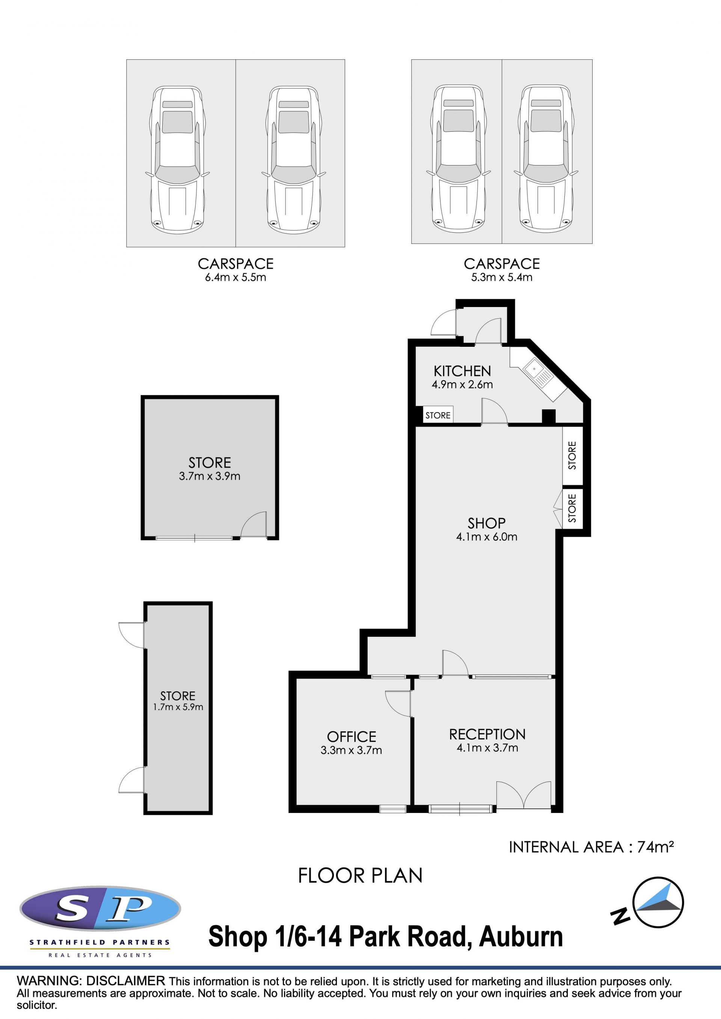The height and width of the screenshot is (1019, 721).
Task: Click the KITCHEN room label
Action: click(x=462, y=371)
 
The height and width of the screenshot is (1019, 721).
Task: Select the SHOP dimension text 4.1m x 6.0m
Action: click(x=487, y=537)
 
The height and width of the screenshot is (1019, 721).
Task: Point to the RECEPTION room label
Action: click(x=487, y=735)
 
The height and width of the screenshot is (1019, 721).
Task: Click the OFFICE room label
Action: click(x=351, y=737)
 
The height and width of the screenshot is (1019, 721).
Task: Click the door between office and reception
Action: click(x=398, y=703)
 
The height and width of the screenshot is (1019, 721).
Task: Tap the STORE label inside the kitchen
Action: click(x=438, y=415)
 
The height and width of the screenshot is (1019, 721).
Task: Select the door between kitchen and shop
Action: click(x=495, y=411)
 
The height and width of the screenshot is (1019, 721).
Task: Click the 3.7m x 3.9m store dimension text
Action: click(x=210, y=476)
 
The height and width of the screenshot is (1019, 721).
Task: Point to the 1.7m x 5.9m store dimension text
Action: click(x=178, y=707)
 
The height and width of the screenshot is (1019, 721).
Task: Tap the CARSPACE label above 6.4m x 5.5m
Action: click(x=235, y=264)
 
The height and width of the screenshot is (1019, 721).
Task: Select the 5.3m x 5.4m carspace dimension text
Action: click(x=502, y=277)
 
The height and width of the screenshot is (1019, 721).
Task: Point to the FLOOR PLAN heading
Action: click(x=360, y=876)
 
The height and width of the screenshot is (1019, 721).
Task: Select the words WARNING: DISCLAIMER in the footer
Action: click(x=91, y=981)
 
